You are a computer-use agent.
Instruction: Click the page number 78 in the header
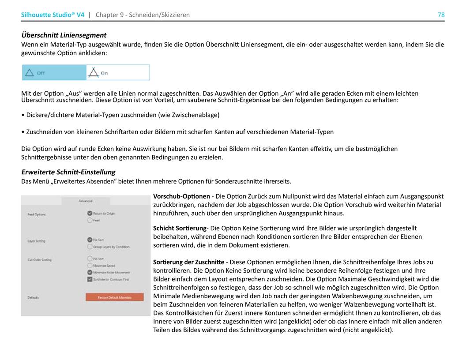[x=441, y=15]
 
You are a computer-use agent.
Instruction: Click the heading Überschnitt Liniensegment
[x=64, y=35]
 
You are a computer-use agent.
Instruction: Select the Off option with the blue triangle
[x=54, y=73]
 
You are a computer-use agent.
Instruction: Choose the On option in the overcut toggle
[x=117, y=73]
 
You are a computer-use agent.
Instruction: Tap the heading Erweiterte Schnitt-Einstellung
[x=68, y=172]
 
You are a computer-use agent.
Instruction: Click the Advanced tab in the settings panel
[x=85, y=201]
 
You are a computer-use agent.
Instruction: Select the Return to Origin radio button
[x=90, y=213]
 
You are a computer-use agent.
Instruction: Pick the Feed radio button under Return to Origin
[x=90, y=220]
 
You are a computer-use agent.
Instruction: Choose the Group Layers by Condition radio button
[x=90, y=247]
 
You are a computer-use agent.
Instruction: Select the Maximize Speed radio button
[x=90, y=266]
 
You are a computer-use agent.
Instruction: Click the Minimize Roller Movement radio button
[x=90, y=272]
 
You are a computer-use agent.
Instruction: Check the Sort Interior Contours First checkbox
[x=90, y=279]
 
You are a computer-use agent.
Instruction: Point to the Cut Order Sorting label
[x=39, y=260]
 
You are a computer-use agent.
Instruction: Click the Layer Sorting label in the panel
[x=36, y=241]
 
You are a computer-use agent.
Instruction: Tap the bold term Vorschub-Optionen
[x=181, y=196]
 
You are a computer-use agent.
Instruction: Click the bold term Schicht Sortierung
[x=180, y=228]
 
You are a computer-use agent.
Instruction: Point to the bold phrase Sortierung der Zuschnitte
[x=188, y=262]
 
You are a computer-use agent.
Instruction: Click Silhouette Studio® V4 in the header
[x=53, y=15]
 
